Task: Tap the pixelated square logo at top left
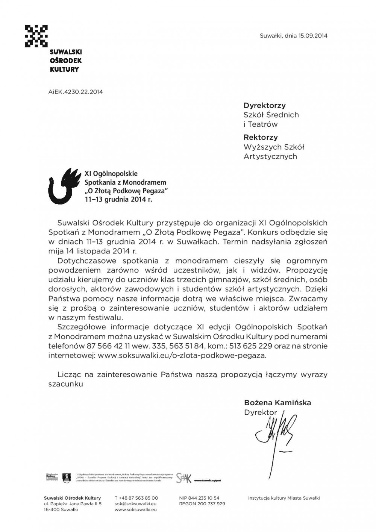(36, 36)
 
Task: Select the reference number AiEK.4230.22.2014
(76, 91)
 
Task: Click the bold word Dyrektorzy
(264, 106)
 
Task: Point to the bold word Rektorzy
(261, 137)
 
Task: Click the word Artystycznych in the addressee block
(270, 156)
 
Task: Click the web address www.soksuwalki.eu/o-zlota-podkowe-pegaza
(182, 355)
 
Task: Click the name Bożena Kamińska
(277, 403)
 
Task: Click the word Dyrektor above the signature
(260, 412)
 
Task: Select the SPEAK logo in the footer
(184, 477)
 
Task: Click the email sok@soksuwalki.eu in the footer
(135, 504)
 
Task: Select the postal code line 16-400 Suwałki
(61, 509)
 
